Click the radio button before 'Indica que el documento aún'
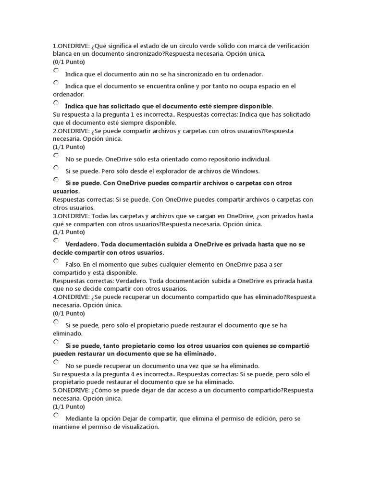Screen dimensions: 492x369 (x=56, y=71)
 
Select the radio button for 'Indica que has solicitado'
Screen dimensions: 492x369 (x=56, y=102)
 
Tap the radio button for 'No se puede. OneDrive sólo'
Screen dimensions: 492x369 (x=56, y=156)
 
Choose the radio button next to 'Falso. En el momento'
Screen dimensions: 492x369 (x=56, y=261)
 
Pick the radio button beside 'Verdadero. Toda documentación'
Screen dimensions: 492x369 (x=56, y=240)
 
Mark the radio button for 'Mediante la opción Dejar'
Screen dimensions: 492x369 (x=56, y=415)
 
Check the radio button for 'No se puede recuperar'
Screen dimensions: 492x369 (x=56, y=362)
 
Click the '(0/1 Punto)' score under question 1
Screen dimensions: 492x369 (x=69, y=62)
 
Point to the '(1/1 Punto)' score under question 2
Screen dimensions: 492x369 (x=69, y=147)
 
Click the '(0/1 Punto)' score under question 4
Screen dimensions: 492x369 (x=69, y=313)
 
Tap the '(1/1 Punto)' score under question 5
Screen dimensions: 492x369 (x=69, y=406)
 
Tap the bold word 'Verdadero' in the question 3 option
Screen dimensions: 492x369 (x=81, y=244)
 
